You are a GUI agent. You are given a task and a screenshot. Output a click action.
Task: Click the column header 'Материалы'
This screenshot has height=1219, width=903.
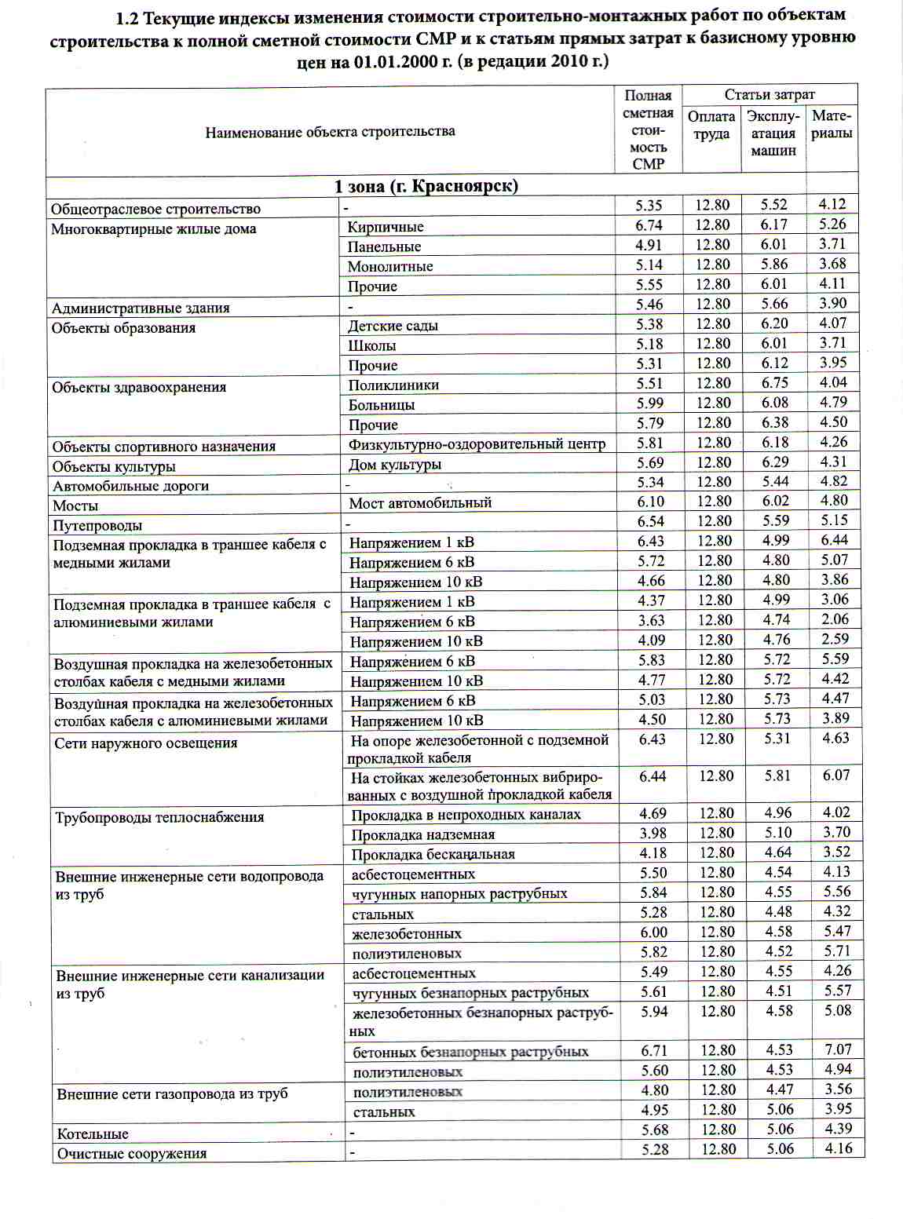click(x=832, y=124)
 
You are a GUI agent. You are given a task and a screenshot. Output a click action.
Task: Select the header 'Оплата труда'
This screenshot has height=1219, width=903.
click(x=711, y=125)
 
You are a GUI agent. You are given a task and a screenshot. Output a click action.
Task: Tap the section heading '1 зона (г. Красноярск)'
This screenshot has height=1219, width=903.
click(x=426, y=186)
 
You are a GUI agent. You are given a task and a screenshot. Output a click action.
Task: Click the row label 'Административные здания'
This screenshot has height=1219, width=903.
click(x=141, y=308)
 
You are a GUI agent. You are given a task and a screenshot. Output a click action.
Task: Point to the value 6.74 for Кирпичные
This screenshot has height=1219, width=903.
click(x=649, y=225)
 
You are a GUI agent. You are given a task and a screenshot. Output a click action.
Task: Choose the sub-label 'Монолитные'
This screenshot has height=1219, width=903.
click(x=390, y=266)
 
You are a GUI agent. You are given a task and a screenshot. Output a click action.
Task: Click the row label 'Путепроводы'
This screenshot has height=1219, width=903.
click(x=97, y=525)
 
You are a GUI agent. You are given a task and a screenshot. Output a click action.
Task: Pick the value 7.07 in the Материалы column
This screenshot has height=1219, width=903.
click(x=838, y=1049)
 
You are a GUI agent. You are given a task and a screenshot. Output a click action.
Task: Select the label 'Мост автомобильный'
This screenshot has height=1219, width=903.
click(x=420, y=503)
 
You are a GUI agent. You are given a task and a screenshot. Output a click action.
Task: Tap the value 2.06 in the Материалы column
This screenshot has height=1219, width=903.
click(x=835, y=619)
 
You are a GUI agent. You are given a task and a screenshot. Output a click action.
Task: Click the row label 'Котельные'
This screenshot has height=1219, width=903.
click(x=93, y=1133)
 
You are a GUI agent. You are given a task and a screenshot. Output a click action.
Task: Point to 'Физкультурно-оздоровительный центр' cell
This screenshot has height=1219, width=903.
click(x=477, y=444)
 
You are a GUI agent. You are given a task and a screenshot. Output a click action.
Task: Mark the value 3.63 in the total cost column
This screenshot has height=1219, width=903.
click(x=652, y=620)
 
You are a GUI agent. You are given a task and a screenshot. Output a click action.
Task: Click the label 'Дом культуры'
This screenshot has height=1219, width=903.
click(x=395, y=465)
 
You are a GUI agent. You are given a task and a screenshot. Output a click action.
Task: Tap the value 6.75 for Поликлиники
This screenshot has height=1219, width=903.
click(x=775, y=383)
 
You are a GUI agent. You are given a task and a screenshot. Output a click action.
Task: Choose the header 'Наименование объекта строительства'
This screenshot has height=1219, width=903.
click(x=330, y=132)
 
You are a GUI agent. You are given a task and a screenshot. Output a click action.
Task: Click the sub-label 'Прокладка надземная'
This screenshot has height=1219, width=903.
click(x=423, y=834)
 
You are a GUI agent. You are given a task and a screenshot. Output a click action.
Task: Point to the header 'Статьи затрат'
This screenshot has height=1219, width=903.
click(x=770, y=95)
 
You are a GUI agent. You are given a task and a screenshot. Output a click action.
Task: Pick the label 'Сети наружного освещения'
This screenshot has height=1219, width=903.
click(x=146, y=743)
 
